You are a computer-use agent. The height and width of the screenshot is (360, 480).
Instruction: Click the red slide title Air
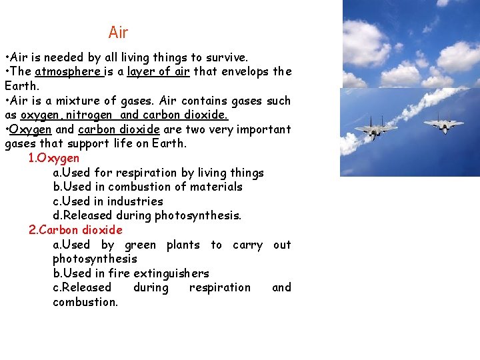(x=118, y=32)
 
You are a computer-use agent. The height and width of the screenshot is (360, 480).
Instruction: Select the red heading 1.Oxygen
(x=54, y=158)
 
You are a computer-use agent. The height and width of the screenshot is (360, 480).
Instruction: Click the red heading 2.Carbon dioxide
(x=75, y=230)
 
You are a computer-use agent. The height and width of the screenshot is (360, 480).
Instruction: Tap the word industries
(x=136, y=201)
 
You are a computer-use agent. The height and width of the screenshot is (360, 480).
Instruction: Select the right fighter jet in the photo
(x=444, y=123)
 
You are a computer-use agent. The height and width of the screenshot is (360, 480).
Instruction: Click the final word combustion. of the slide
(x=85, y=302)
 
